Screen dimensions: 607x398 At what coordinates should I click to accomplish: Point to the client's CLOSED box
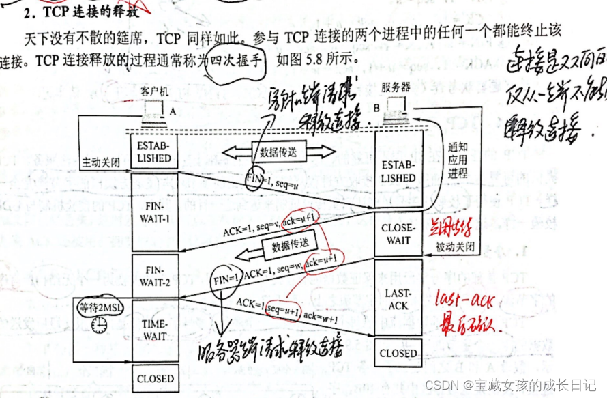(x=156, y=378)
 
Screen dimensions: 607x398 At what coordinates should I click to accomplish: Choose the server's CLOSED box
(x=398, y=353)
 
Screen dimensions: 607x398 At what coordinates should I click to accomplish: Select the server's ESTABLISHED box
(x=398, y=171)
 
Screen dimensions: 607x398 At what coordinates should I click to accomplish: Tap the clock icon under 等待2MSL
(x=100, y=326)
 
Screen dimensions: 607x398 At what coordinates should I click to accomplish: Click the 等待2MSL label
(x=101, y=307)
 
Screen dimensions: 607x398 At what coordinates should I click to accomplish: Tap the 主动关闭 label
(x=100, y=164)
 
